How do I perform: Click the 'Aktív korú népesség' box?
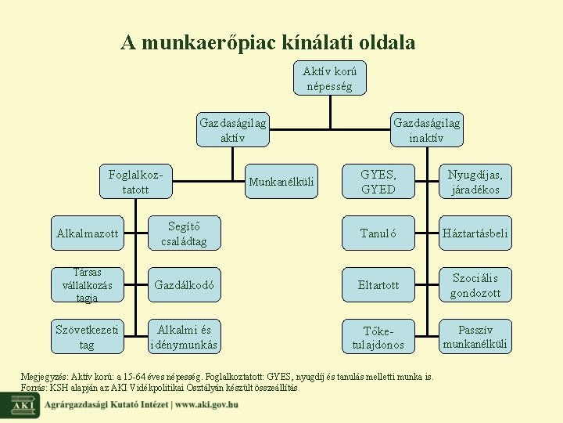click(x=329, y=78)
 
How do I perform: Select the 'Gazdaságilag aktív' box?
click(x=232, y=130)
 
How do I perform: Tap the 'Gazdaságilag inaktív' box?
click(x=426, y=130)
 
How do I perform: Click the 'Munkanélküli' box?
click(x=281, y=183)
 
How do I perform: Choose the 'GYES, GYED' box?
click(x=378, y=182)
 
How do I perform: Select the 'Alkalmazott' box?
click(x=87, y=233)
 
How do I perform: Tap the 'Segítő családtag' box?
click(x=184, y=233)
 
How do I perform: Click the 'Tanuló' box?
click(x=378, y=233)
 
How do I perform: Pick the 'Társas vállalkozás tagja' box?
click(x=87, y=285)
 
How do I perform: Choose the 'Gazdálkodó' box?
click(x=184, y=285)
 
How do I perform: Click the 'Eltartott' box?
click(x=378, y=285)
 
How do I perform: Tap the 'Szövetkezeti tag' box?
click(x=87, y=337)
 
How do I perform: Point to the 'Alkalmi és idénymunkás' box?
click(x=184, y=337)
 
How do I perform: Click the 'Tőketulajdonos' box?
click(x=378, y=337)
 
